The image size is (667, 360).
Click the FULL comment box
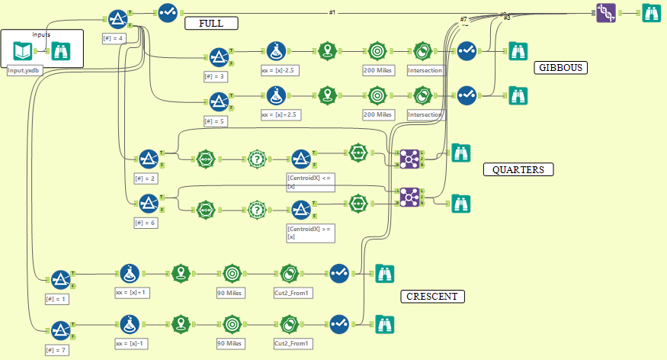coord(211,24)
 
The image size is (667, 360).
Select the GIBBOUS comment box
coord(561,68)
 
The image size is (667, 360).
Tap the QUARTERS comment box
coord(518,169)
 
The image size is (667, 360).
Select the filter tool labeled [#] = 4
coord(117,18)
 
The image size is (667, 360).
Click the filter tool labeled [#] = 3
coord(219,57)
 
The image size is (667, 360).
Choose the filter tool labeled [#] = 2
coord(148,158)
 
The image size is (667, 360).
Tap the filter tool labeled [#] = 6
coord(148,204)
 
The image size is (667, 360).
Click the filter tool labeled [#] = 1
coord(60,279)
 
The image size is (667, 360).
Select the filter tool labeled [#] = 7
coord(60,329)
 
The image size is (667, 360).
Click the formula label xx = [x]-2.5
coord(280,71)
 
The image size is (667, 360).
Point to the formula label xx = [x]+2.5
coord(280,114)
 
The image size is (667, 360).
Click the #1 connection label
coord(332,13)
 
